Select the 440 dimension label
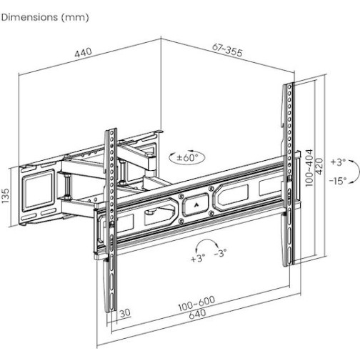pyautogui.click(x=85, y=53)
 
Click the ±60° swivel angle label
pyautogui.click(x=186, y=157)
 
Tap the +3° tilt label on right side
pyautogui.click(x=338, y=162)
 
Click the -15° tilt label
pyautogui.click(x=338, y=181)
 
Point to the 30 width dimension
pyautogui.click(x=126, y=312)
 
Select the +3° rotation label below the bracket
pyautogui.click(x=198, y=258)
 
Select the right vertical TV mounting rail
pyautogui.click(x=288, y=172)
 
